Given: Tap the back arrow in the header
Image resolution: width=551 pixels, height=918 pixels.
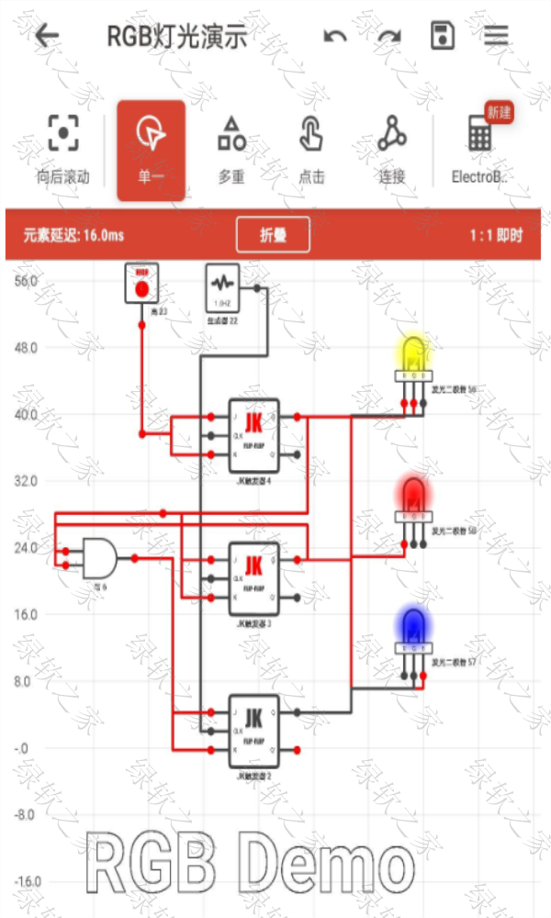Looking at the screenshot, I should (47, 37).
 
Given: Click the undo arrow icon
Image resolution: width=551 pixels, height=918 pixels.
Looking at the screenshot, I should (335, 37).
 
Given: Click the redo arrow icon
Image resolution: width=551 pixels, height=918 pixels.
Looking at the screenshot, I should (390, 37).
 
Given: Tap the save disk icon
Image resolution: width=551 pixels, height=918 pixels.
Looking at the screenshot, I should (443, 37).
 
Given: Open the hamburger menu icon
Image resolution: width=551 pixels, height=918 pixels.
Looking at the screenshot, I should (497, 37).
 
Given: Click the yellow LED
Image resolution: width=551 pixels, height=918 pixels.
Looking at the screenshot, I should (412, 355).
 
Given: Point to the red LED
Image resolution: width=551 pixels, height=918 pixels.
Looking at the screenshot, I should (412, 496).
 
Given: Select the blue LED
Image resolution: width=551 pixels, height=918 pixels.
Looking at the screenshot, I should (412, 628).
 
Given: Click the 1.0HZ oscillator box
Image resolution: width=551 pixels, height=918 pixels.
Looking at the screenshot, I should (221, 287).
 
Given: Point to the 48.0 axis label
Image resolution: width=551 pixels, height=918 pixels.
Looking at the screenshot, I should (25, 348).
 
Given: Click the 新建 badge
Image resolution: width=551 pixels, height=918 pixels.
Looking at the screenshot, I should (499, 113).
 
